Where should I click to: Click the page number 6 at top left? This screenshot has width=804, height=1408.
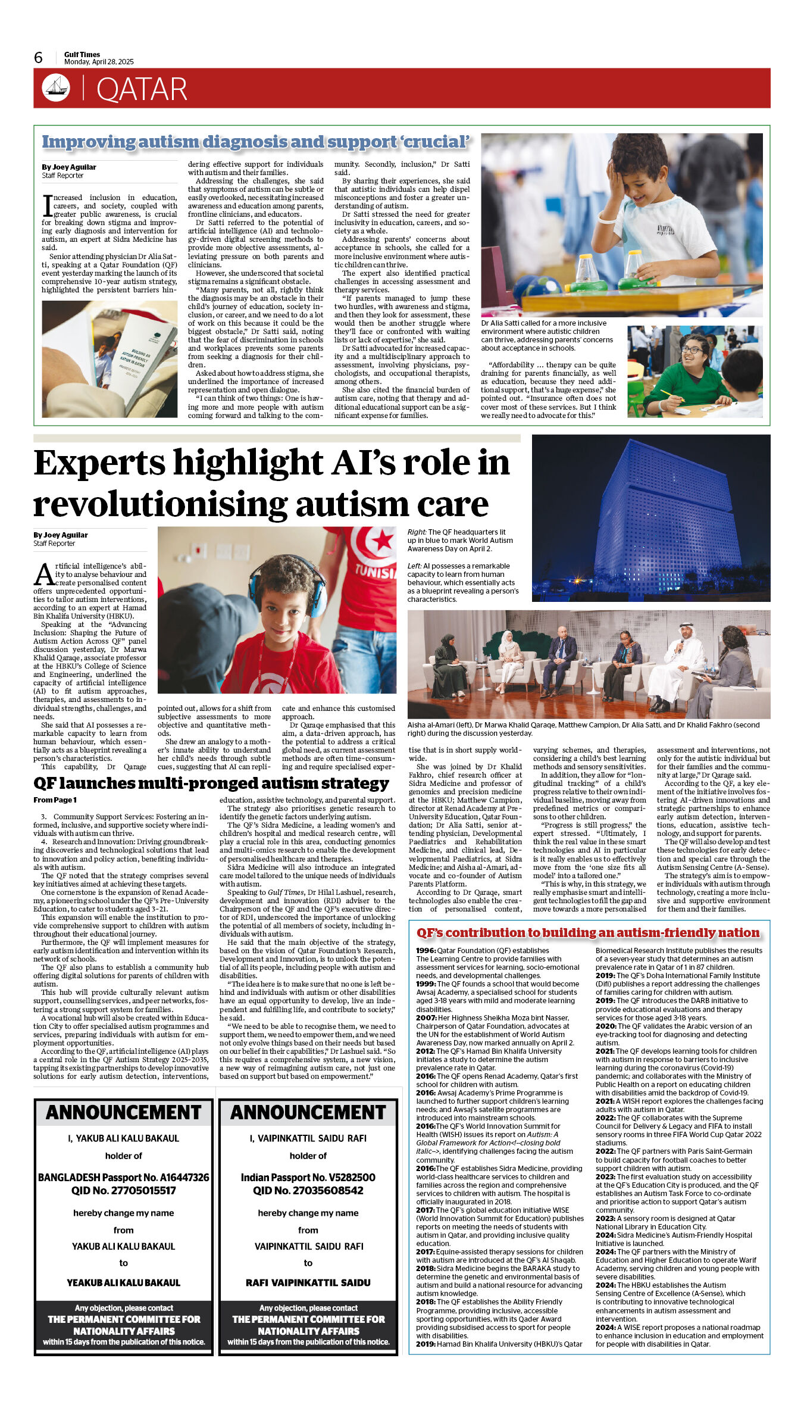pyautogui.click(x=39, y=57)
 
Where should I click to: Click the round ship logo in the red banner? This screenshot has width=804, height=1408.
pyautogui.click(x=56, y=88)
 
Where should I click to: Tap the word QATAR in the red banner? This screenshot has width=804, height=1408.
pyautogui.click(x=142, y=89)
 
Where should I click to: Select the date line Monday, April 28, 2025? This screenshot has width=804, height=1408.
pyautogui.click(x=99, y=62)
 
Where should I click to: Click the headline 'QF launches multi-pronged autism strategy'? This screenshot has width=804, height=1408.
pyautogui.click(x=211, y=783)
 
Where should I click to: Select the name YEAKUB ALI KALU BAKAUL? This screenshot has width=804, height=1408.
pyautogui.click(x=123, y=1282)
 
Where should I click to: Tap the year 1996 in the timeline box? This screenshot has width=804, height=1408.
pyautogui.click(x=426, y=950)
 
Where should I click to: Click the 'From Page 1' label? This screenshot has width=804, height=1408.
pyautogui.click(x=55, y=800)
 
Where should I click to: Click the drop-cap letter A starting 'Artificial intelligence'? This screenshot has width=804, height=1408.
pyautogui.click(x=44, y=575)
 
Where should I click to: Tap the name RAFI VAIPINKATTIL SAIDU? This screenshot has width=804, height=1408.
pyautogui.click(x=308, y=1282)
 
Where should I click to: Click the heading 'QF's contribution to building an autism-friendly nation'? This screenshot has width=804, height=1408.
pyautogui.click(x=588, y=932)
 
